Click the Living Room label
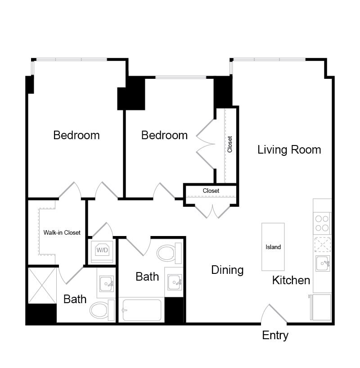(x=289, y=150)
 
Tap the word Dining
(x=227, y=270)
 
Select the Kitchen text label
(x=291, y=280)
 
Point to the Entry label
(x=275, y=336)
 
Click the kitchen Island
(x=273, y=247)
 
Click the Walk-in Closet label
(x=62, y=232)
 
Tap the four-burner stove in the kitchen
(x=322, y=223)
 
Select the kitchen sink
(x=323, y=264)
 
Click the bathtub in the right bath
(x=141, y=310)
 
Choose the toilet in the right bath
(x=169, y=253)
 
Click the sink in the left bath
(x=107, y=283)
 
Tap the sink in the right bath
(x=175, y=282)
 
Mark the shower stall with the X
(x=42, y=286)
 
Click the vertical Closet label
(x=230, y=144)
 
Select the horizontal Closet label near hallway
(x=211, y=191)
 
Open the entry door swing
(x=274, y=314)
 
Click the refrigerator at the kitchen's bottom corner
(x=321, y=307)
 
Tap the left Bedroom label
(x=76, y=135)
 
